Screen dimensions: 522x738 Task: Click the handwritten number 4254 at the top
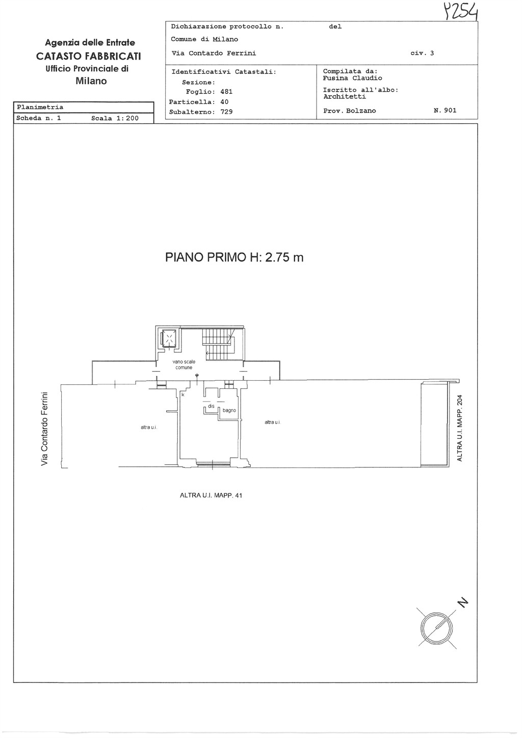pos(461,12)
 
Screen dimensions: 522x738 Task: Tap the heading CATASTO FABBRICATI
pos(88,57)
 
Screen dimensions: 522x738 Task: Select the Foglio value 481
pos(226,92)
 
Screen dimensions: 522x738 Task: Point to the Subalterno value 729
pos(226,112)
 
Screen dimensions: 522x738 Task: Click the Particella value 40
pos(224,102)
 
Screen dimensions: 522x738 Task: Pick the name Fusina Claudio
pos(352,78)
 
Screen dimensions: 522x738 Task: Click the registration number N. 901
pos(445,111)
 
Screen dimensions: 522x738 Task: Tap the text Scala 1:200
pos(115,118)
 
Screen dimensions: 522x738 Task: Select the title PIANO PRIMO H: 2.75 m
pos(234,257)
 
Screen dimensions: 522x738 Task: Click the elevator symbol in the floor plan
pos(169,338)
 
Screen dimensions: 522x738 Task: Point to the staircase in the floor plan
pos(219,345)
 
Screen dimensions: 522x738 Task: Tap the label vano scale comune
pos(184,364)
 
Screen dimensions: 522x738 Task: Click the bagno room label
pos(229,410)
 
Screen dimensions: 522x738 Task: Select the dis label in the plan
pos(211,406)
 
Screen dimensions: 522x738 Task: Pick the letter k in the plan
pos(183,394)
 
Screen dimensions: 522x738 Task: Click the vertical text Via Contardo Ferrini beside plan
pos(44,429)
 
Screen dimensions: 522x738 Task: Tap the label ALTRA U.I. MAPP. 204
pos(460,428)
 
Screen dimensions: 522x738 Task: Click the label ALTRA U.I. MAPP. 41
pos(211,495)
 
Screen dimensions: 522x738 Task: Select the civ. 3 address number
pos(422,53)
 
